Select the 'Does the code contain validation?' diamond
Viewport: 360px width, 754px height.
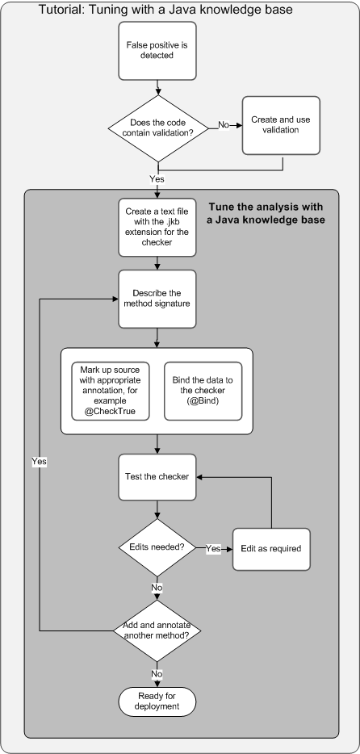pyautogui.click(x=157, y=126)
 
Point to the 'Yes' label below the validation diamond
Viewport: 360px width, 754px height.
pyautogui.click(x=157, y=178)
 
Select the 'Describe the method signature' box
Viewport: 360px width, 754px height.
pyautogui.click(x=157, y=298)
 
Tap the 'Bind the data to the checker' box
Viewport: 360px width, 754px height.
pyautogui.click(x=203, y=392)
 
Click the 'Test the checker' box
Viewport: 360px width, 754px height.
pyautogui.click(x=157, y=475)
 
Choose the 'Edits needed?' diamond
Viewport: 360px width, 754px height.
pyautogui.click(x=157, y=548)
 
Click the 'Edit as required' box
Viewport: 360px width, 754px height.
pyautogui.click(x=270, y=548)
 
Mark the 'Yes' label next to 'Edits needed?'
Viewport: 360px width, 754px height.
pyautogui.click(x=213, y=548)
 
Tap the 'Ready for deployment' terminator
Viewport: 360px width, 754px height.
pyautogui.click(x=157, y=700)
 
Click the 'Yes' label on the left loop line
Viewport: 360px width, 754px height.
pyautogui.click(x=39, y=461)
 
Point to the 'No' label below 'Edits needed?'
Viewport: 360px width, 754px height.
pyautogui.click(x=157, y=589)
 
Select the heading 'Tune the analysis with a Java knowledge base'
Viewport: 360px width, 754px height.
pyautogui.click(x=267, y=213)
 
